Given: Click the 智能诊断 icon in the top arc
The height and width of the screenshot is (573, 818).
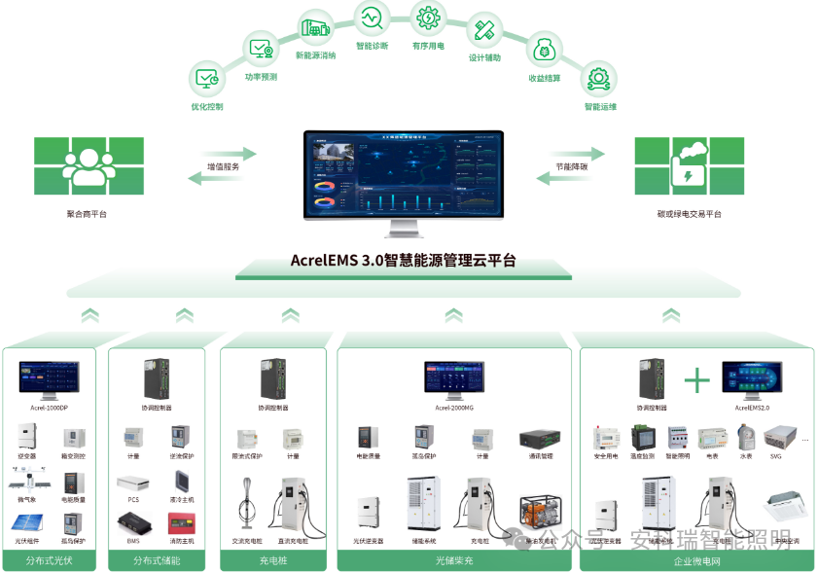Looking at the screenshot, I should pos(372,17).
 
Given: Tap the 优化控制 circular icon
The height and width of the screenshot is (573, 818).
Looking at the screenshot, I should pos(207,77).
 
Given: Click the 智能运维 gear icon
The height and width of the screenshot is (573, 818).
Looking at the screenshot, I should pos(598,77).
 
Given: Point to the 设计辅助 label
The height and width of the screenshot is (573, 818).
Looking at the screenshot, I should pos(484,57).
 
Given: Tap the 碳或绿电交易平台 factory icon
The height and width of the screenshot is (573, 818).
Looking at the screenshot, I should pos(689,166).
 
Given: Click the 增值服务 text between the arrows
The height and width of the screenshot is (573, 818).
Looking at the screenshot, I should pos(223,167).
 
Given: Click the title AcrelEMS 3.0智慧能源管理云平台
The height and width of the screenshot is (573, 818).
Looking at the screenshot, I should pos(403,260).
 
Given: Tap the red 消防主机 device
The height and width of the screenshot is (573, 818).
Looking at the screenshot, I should pos(180,522).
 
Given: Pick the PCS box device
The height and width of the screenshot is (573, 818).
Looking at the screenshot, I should pos(133,482).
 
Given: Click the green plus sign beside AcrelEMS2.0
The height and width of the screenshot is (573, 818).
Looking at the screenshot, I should pos(696,379).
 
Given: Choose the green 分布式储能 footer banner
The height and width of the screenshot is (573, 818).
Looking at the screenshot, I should pos(157,560).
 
